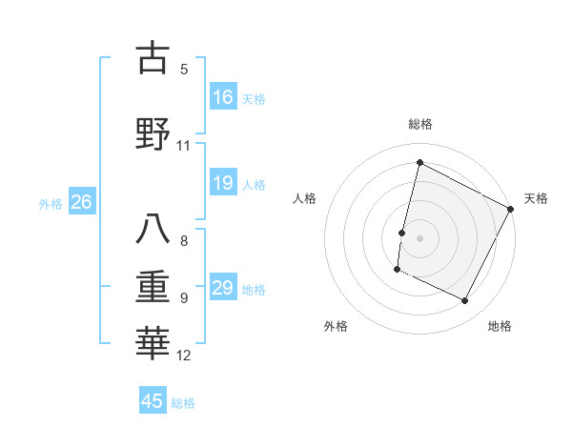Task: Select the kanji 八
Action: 153,230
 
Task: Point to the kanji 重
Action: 153,285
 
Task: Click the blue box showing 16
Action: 223,97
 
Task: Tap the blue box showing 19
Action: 223,183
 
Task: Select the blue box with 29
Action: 223,288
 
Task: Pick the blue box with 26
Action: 81,202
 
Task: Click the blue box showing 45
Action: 153,401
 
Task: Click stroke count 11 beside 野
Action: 184,146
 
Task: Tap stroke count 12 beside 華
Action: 184,356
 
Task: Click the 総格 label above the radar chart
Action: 419,124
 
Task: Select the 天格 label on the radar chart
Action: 536,198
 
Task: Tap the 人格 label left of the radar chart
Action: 304,198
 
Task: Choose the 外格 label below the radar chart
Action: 336,326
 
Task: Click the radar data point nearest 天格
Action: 511,209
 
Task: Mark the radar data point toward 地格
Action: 465,301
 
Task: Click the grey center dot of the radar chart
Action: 419,238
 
